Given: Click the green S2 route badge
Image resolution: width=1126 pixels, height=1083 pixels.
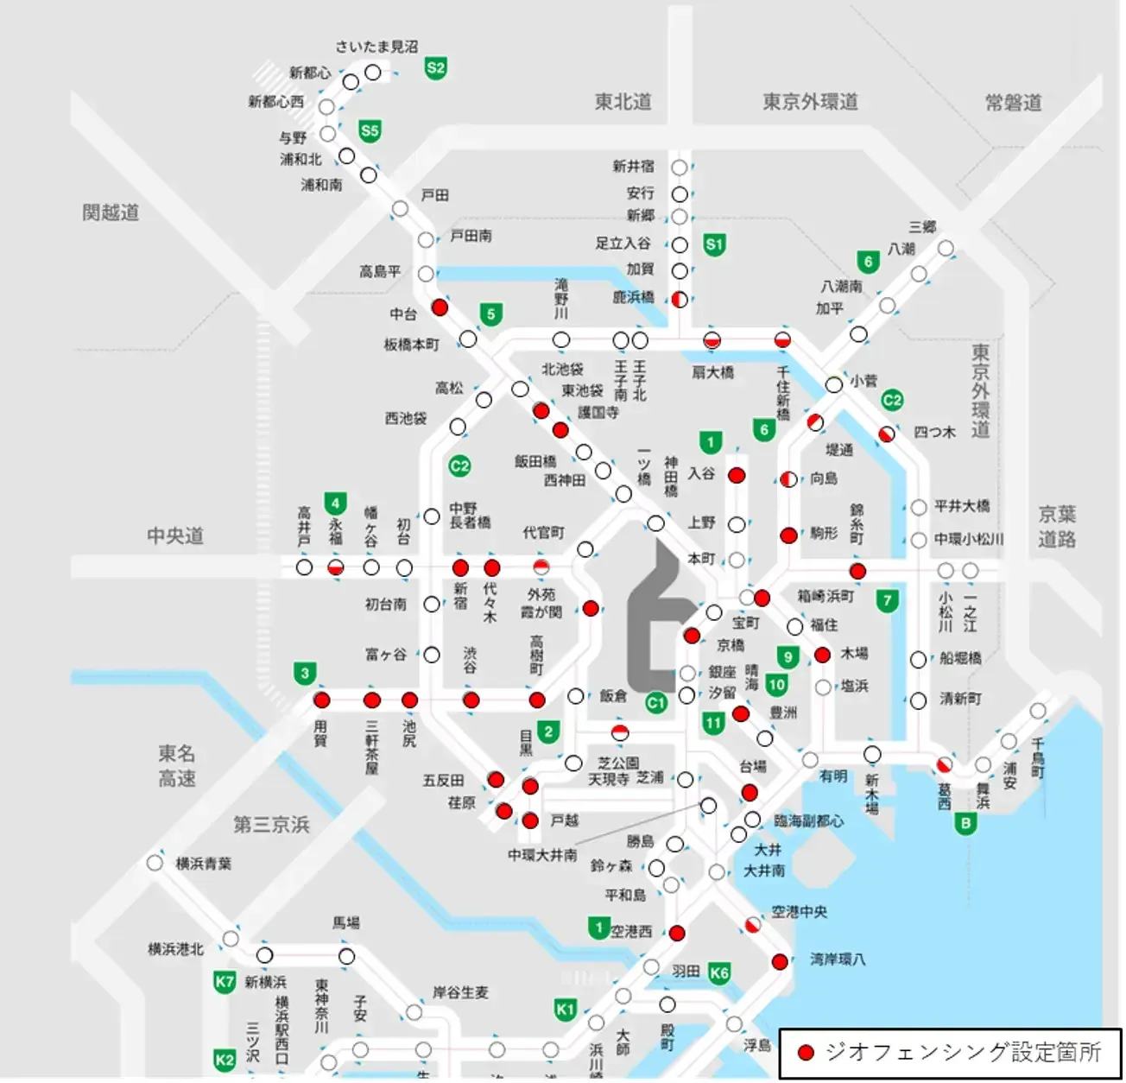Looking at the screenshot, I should pyautogui.click(x=435, y=68).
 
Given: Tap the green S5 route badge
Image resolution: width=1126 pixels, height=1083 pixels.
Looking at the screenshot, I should pyautogui.click(x=370, y=131).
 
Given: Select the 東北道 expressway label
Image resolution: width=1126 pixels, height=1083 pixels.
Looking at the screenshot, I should pyautogui.click(x=623, y=102).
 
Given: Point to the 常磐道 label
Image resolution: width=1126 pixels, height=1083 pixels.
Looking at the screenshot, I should pyautogui.click(x=1013, y=103).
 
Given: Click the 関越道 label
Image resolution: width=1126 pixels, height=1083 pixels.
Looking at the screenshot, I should pyautogui.click(x=111, y=212).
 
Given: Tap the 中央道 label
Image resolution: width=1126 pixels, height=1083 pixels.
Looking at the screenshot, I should pyautogui.click(x=175, y=535).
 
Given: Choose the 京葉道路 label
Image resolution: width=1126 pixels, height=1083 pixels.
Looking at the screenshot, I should pyautogui.click(x=1056, y=527).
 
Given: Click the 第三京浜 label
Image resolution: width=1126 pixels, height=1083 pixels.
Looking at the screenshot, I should pyautogui.click(x=271, y=825).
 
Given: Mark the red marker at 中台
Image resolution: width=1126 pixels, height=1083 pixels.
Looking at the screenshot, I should pyautogui.click(x=440, y=307).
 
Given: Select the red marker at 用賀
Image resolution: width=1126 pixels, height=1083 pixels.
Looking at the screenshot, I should pyautogui.click(x=321, y=700).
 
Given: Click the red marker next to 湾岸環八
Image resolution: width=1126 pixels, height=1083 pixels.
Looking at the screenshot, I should pyautogui.click(x=780, y=961).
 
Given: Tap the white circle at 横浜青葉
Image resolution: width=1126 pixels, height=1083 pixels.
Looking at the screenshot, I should pyautogui.click(x=155, y=863).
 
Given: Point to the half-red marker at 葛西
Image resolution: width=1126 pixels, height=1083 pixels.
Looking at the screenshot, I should pyautogui.click(x=944, y=765).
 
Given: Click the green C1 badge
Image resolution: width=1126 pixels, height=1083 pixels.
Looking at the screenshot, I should pyautogui.click(x=656, y=703).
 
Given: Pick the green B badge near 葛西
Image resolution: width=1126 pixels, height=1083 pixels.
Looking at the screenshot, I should pyautogui.click(x=965, y=823).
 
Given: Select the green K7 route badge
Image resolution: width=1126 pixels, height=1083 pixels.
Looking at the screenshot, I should pyautogui.click(x=225, y=981).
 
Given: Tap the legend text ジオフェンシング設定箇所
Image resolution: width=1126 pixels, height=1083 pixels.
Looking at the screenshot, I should pyautogui.click(x=963, y=1052).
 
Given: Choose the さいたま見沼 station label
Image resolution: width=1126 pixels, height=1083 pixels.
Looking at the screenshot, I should pyautogui.click(x=376, y=47).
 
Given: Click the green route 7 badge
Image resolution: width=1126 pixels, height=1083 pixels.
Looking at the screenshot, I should pyautogui.click(x=887, y=600).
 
